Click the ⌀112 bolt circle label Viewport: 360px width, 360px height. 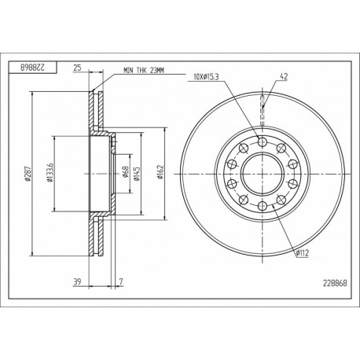coord(303,252)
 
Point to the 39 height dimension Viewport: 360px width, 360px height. coord(77,281)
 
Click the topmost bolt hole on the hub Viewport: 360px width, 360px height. coord(262,141)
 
